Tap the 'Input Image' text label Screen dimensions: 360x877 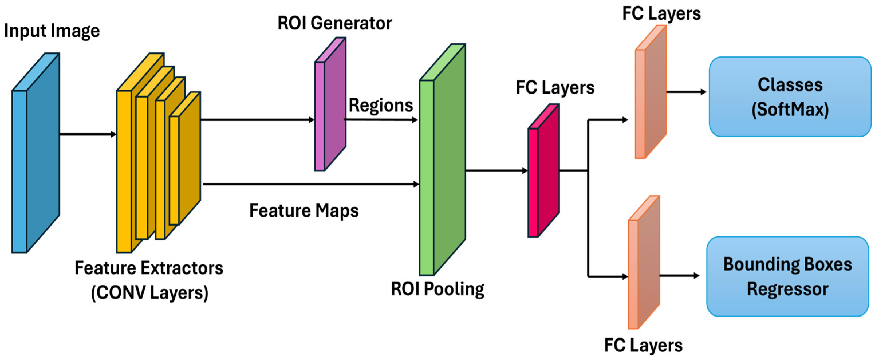coord(52,31)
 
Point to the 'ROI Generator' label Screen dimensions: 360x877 coord(335,23)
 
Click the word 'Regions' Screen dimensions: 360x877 coord(381,105)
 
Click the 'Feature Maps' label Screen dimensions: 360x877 coord(304,211)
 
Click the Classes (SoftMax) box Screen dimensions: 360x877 coord(790,97)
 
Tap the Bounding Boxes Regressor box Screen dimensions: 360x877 coord(787,277)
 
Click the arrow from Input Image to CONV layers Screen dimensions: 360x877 coord(88,134)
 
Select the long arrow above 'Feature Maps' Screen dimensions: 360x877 coord(310,184)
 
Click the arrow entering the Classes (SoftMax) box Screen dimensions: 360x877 coord(686,92)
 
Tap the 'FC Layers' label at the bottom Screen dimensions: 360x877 coord(643,345)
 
